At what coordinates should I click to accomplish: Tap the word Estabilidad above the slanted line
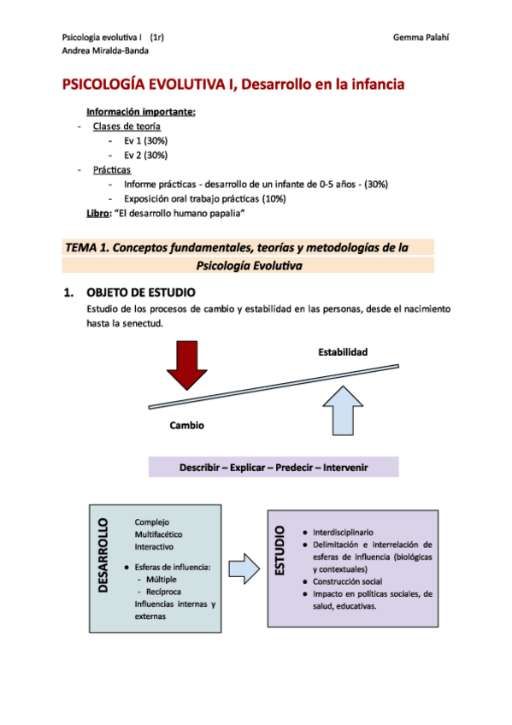(x=343, y=352)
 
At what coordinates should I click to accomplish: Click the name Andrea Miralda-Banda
(x=103, y=50)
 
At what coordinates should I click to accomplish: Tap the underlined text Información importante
(x=141, y=112)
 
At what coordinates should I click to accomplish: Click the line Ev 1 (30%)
(x=145, y=140)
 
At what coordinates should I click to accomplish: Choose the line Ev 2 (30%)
(x=145, y=155)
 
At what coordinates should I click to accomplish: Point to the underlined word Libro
(x=98, y=212)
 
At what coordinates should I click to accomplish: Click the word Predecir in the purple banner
(x=297, y=468)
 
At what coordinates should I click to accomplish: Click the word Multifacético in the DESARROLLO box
(x=160, y=533)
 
